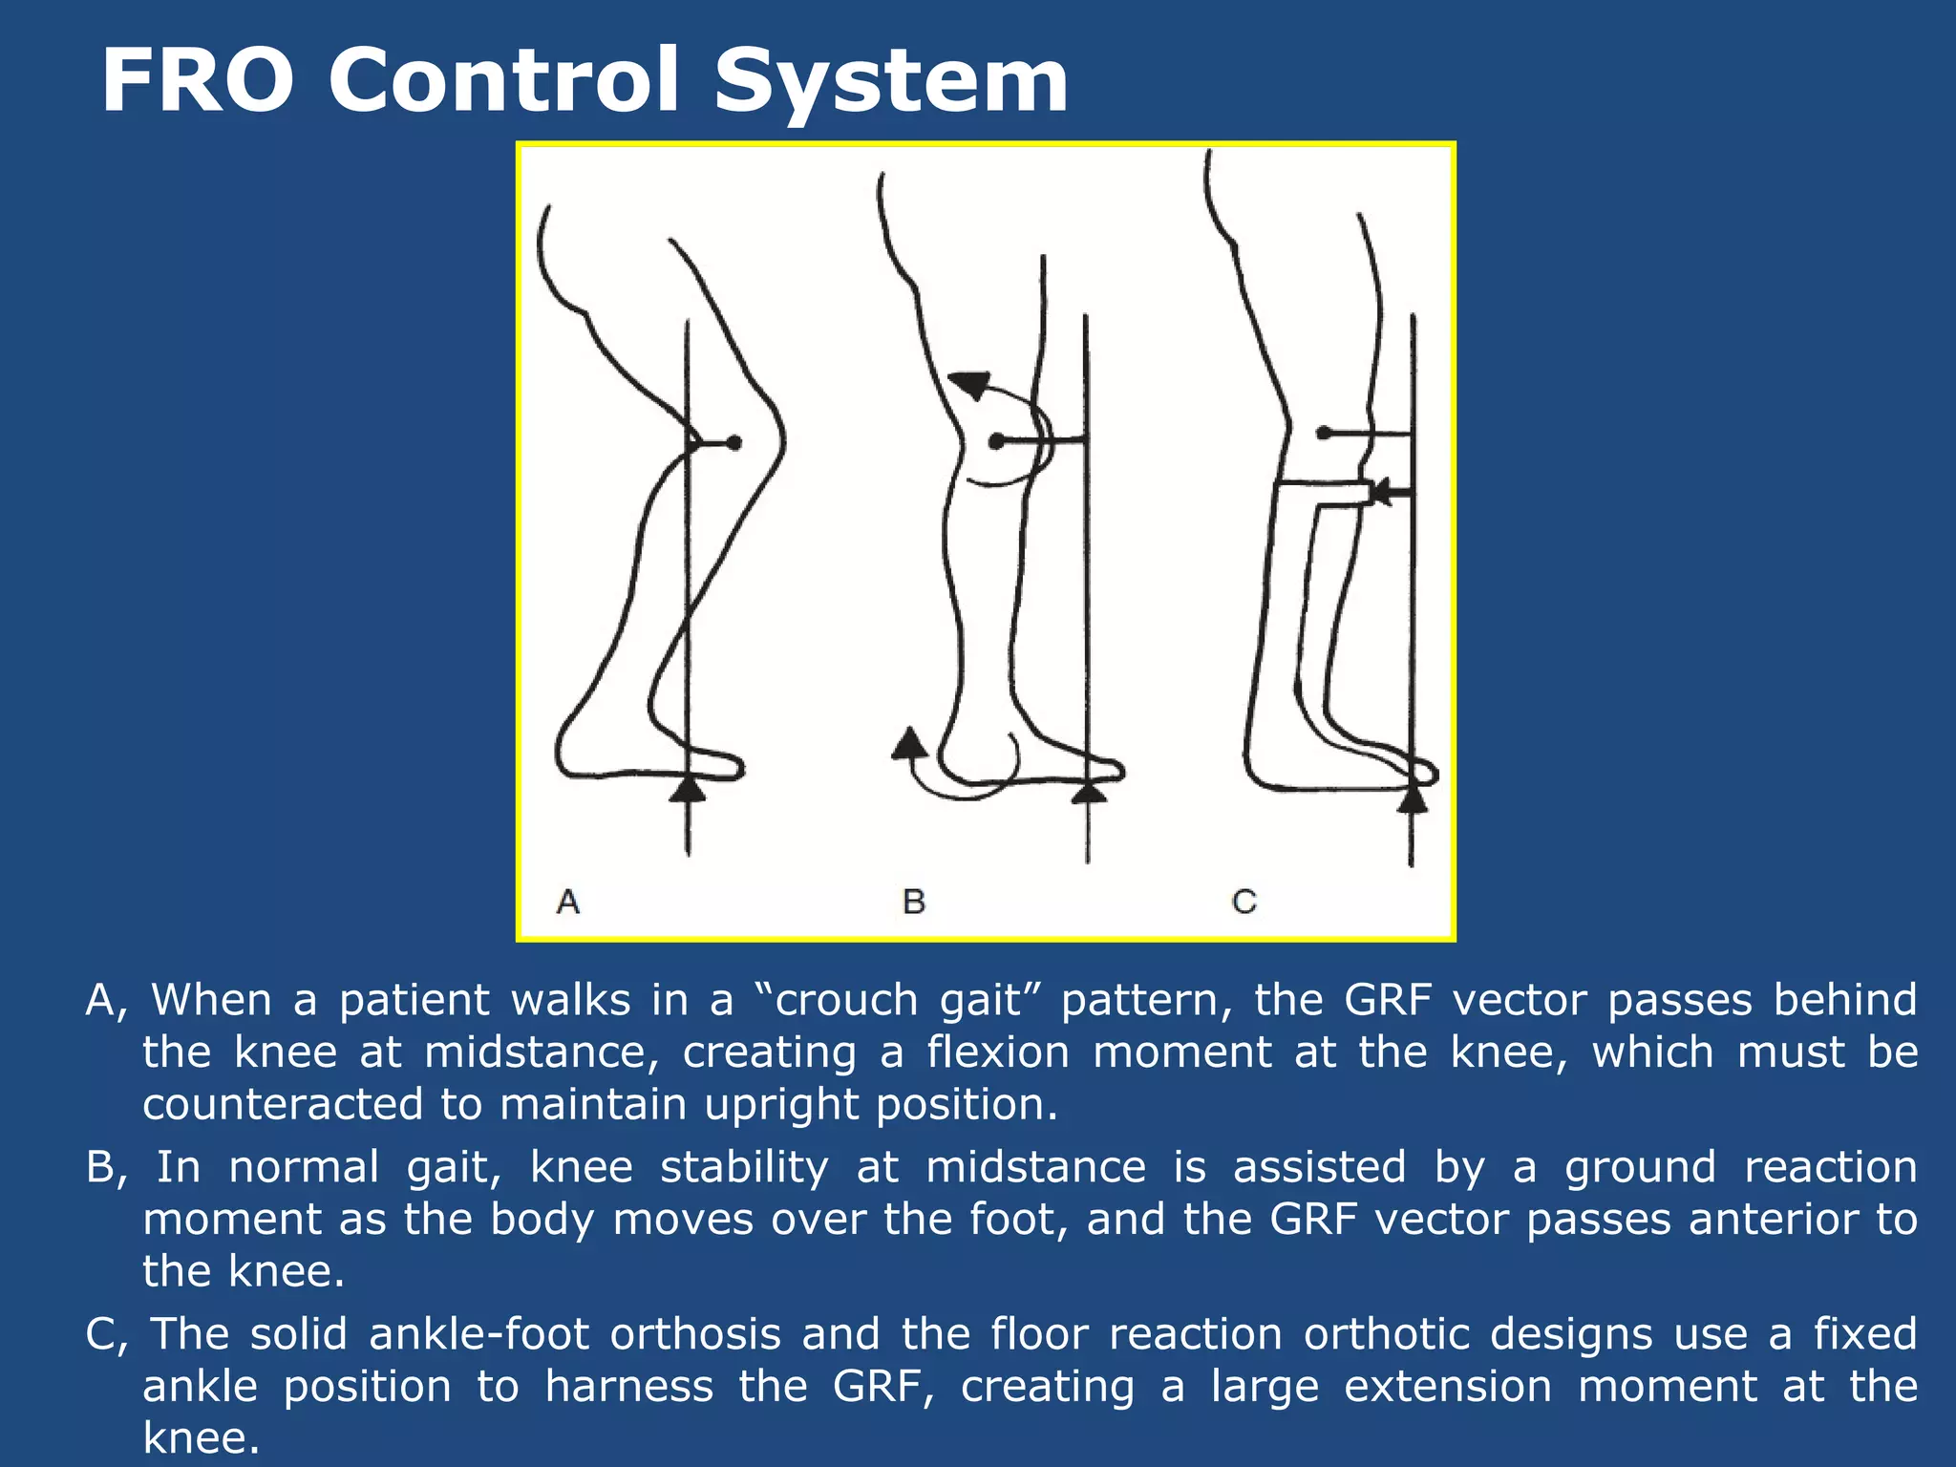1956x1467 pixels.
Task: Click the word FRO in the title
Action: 197,82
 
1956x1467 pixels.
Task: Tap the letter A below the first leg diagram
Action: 568,901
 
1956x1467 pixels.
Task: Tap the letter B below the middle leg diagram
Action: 914,901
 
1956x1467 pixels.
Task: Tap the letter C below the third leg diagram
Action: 1244,901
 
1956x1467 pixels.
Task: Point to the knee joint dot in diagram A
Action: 733,442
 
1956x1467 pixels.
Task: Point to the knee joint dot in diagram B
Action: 996,441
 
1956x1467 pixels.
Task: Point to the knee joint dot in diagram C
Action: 1323,433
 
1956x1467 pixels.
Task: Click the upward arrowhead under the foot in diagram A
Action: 688,789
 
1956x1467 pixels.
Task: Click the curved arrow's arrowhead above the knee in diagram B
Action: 970,384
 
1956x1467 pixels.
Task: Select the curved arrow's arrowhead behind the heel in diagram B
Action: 910,743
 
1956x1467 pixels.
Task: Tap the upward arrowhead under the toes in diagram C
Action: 1413,798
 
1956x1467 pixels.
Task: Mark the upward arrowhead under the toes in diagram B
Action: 1089,793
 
